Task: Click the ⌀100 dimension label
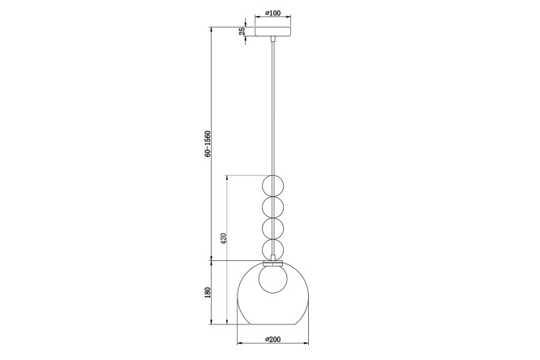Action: pos(272,13)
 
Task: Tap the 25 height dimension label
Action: pos(242,31)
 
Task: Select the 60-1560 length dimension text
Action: pos(208,144)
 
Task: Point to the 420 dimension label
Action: pos(224,238)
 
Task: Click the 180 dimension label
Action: pos(208,293)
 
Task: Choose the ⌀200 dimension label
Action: pos(272,340)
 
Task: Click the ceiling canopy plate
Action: pos(272,31)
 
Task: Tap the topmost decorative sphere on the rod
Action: pos(273,186)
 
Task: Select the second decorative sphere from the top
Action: pos(273,208)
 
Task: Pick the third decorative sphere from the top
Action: pos(273,229)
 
